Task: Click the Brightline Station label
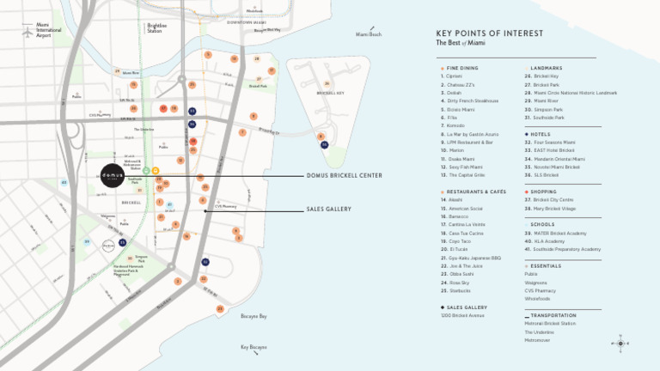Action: tap(156, 28)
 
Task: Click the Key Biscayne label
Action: tap(254, 348)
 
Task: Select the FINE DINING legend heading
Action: tap(463, 68)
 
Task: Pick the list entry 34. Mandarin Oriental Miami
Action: tap(559, 159)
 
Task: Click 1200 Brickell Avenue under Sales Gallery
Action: tap(462, 315)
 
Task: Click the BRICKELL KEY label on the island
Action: tap(330, 93)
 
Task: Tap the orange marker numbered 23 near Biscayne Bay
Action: tap(220, 308)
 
